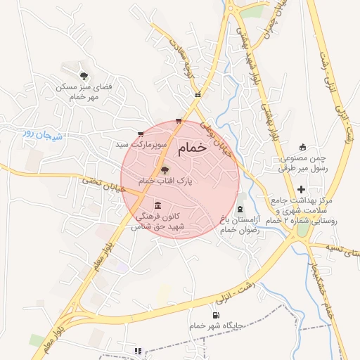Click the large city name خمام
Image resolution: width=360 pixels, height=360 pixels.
point(193,148)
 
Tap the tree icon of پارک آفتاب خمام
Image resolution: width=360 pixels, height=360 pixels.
point(165,169)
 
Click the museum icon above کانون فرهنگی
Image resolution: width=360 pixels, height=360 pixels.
point(157,205)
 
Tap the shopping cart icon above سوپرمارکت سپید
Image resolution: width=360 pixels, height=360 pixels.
point(141,134)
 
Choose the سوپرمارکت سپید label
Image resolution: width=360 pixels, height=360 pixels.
point(141,144)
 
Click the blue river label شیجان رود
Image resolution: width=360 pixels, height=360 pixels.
point(44,134)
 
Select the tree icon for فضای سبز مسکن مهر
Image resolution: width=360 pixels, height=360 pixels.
point(84,75)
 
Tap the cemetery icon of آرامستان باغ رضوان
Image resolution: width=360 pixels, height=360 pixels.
point(241,210)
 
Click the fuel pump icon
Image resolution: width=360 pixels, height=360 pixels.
point(215,315)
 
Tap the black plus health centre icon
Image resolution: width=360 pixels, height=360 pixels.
point(301,189)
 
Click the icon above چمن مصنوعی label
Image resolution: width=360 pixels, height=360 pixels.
point(303,147)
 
